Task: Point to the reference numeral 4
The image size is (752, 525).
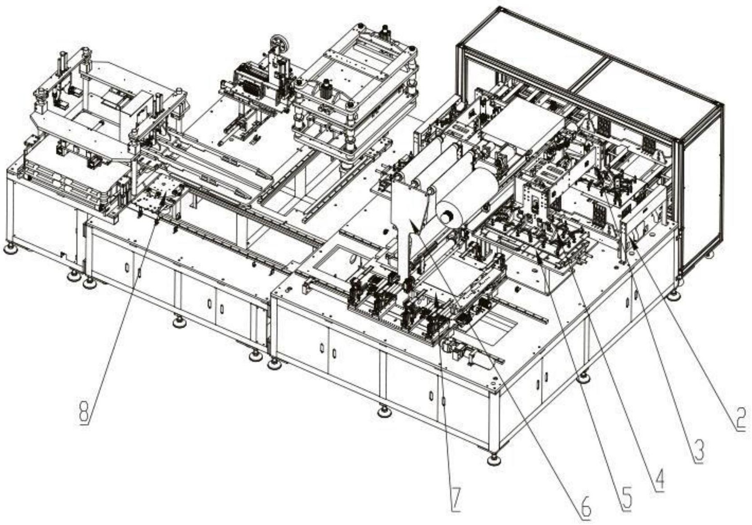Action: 659,479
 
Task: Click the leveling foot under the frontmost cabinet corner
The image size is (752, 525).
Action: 494,459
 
